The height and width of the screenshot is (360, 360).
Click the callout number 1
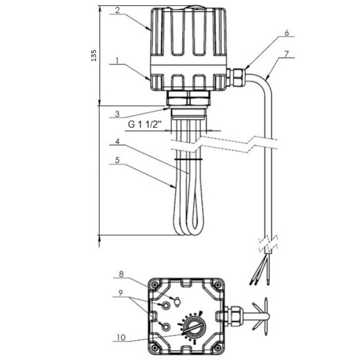(x=117, y=61)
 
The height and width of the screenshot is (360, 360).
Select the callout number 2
(x=117, y=10)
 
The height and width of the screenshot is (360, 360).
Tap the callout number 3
(x=117, y=114)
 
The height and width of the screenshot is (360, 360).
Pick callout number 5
(x=117, y=160)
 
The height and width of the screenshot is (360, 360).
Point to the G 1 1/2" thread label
(x=145, y=124)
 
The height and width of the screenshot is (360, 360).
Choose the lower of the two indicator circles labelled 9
(x=166, y=326)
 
